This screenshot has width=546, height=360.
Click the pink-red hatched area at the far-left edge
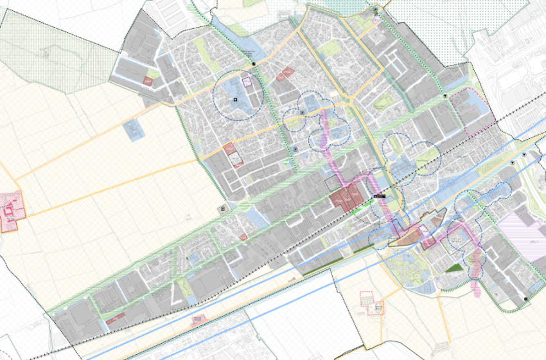click(10, 212)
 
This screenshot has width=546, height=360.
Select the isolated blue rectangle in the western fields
click(134, 130)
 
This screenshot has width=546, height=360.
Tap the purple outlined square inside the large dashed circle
click(246, 82)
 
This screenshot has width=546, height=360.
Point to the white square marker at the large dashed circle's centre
click(236, 99)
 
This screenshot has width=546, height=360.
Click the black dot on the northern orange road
click(255, 64)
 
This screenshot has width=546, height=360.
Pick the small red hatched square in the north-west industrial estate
click(148, 82)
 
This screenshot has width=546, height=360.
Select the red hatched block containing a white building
click(233, 155)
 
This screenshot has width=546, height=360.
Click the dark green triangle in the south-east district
click(454, 268)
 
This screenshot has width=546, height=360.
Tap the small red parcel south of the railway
click(198, 319)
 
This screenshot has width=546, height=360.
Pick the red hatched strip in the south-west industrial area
click(116, 316)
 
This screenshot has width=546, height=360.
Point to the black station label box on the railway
click(379, 195)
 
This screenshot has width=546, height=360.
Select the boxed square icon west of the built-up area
click(222, 208)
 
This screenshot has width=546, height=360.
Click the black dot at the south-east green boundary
click(527, 300)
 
